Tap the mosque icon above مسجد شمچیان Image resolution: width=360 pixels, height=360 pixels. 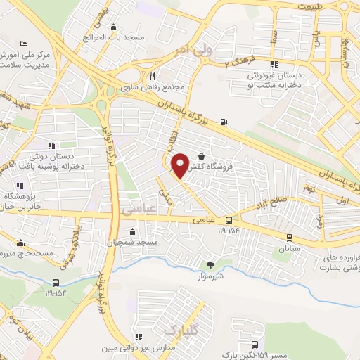[x=131, y=231]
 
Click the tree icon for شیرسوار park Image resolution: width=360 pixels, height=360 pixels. [x=210, y=265]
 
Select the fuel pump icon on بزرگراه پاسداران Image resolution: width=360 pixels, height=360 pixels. [x=224, y=122]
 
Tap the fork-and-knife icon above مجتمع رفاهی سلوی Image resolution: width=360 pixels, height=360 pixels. [x=151, y=76]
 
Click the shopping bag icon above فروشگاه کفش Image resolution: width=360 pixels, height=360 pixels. [x=202, y=157]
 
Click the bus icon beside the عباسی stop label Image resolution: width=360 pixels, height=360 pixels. [x=228, y=220]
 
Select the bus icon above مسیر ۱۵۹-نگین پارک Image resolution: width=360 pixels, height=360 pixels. [x=255, y=345]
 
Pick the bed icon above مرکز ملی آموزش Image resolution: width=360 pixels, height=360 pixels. [x=25, y=44]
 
